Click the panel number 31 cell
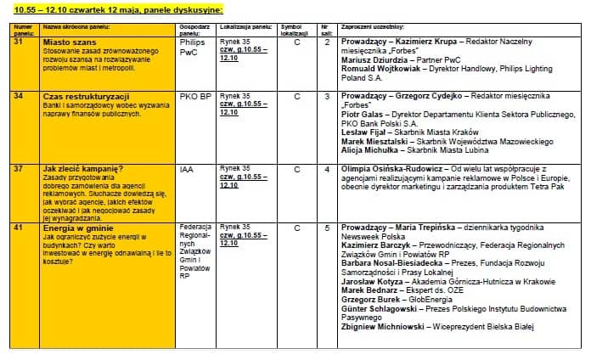18,42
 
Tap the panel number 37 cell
18,169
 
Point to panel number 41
18,228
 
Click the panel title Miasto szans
68,42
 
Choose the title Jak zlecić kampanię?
83,169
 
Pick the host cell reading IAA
187,169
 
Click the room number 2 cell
327,42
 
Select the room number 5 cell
327,228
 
